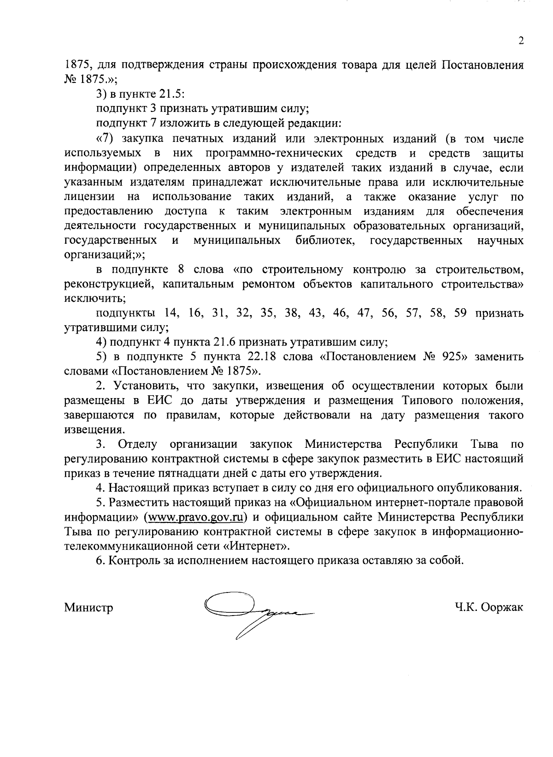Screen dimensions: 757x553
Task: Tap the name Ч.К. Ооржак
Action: click(488, 608)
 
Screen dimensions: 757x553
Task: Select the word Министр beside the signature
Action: click(89, 608)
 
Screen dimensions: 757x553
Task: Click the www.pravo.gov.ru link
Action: click(194, 517)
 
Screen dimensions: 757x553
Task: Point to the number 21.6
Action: click(224, 342)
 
